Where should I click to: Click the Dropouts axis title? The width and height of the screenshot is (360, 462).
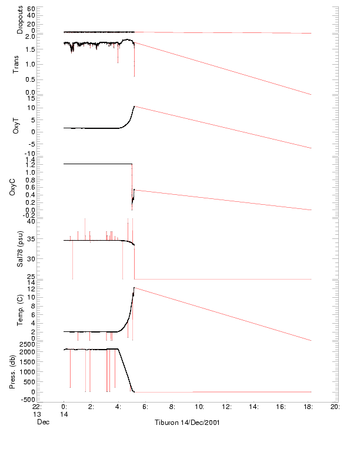[20, 19]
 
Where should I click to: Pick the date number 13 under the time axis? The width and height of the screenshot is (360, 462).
[36, 414]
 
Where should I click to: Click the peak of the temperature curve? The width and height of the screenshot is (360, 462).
[134, 287]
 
